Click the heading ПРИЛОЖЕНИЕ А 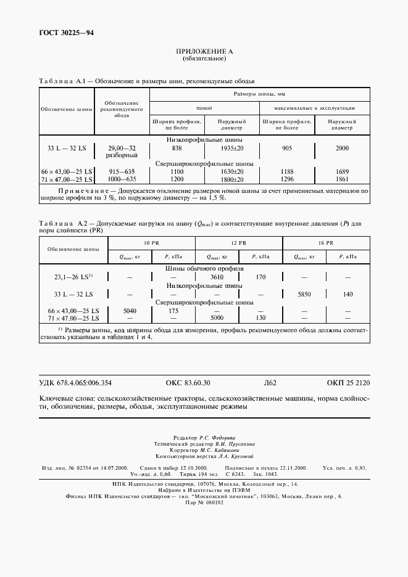pyautogui.click(x=204, y=52)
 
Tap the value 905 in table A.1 pyautogui.click(x=287, y=149)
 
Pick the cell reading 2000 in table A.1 pyautogui.click(x=342, y=149)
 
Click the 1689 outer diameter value pyautogui.click(x=342, y=171)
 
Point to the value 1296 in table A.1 pyautogui.click(x=287, y=179)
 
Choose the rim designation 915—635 pyautogui.click(x=122, y=171)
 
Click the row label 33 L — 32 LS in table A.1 pyautogui.click(x=67, y=149)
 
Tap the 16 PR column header pyautogui.click(x=325, y=243)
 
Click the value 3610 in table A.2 pyautogui.click(x=217, y=277)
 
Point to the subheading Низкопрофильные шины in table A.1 pyautogui.click(x=204, y=140)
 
